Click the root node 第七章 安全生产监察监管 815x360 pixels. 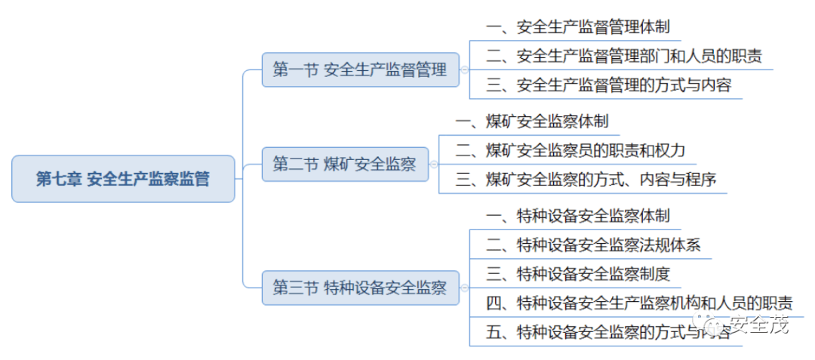(123, 180)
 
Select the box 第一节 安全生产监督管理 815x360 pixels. (360, 71)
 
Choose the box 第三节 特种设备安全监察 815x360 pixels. (360, 288)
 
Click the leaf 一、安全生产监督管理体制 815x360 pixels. (578, 28)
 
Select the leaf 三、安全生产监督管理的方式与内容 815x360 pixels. (608, 85)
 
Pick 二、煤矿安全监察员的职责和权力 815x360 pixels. (570, 150)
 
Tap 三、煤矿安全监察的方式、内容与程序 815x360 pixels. (586, 179)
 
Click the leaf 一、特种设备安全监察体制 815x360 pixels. (578, 217)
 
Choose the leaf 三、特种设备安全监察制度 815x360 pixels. (578, 273)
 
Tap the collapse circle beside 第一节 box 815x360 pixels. (464, 71)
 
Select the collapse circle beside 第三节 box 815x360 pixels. (464, 288)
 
